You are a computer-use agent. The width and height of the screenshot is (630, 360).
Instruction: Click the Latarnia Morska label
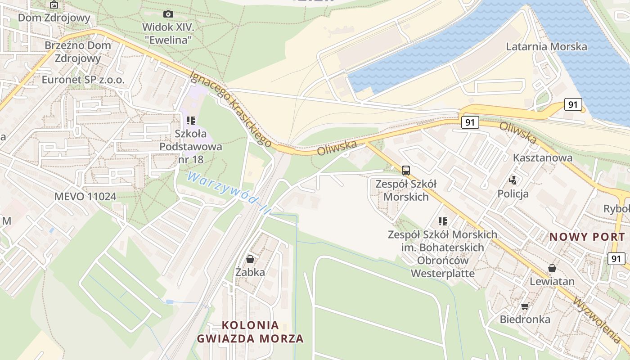pyautogui.click(x=546, y=46)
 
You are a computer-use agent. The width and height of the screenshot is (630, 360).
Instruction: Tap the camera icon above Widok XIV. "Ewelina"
pyautogui.click(x=168, y=14)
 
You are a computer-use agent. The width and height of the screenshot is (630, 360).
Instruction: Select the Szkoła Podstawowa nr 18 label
pyautogui.click(x=191, y=146)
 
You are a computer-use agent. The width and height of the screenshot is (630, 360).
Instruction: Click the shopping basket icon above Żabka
pyautogui.click(x=250, y=259)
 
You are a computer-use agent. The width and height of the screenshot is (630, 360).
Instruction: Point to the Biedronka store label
pyautogui.click(x=525, y=319)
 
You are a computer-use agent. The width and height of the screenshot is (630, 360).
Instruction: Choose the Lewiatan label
pyautogui.click(x=552, y=282)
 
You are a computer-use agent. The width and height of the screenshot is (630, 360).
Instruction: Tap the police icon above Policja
pyautogui.click(x=513, y=180)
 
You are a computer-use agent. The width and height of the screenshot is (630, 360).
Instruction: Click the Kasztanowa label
pyautogui.click(x=543, y=157)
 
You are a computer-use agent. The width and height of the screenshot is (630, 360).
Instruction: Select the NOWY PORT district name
pyautogui.click(x=587, y=237)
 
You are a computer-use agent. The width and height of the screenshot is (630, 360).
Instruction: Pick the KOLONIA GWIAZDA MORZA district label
pyautogui.click(x=250, y=332)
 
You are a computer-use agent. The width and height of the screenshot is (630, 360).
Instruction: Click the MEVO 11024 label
pyautogui.click(x=85, y=196)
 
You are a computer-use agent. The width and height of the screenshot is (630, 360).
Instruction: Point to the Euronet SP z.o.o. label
pyautogui.click(x=83, y=80)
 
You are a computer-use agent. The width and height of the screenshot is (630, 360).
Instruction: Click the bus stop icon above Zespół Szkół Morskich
pyautogui.click(x=406, y=170)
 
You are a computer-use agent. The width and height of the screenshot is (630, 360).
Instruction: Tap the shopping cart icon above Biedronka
pyautogui.click(x=525, y=306)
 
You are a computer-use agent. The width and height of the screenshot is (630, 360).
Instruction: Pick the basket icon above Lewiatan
pyautogui.click(x=552, y=269)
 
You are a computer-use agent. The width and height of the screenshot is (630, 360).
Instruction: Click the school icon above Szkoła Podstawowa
pyautogui.click(x=191, y=121)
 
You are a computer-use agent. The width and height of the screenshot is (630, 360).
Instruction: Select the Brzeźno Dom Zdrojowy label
pyautogui.click(x=78, y=52)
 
